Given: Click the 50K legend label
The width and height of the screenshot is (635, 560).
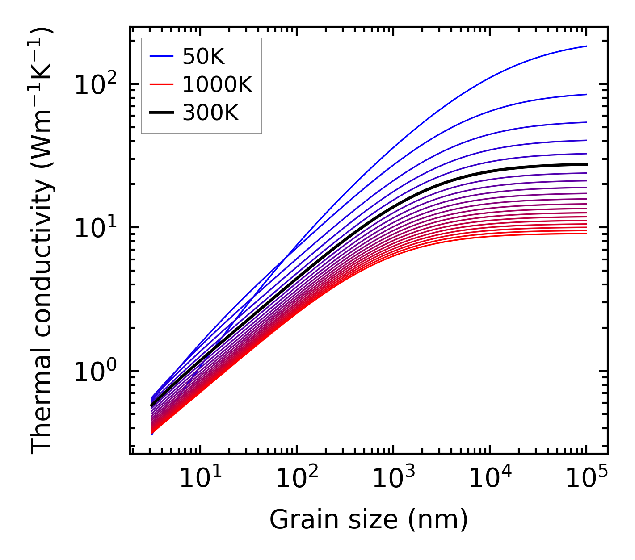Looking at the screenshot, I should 203,57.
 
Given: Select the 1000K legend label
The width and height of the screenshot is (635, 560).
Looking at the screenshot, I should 217,84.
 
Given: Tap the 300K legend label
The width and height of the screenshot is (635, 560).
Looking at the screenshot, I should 210,113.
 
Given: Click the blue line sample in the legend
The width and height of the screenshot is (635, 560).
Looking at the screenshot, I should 161,57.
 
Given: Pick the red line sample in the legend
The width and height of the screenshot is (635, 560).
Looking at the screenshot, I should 161,84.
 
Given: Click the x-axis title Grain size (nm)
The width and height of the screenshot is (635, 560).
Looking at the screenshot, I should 369,519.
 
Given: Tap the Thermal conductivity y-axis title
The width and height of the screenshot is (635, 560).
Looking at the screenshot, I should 42,240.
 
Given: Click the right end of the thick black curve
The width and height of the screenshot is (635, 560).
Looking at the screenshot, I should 586,164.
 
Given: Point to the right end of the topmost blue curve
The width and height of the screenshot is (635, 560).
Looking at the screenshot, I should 586,46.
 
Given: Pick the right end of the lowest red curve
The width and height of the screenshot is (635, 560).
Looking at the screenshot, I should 586,234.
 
